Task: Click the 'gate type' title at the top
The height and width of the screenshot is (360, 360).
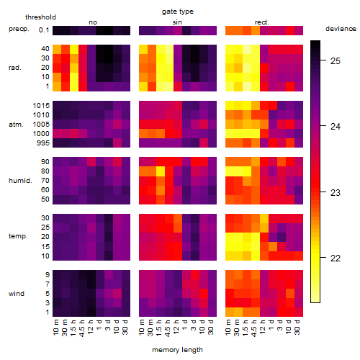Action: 178,12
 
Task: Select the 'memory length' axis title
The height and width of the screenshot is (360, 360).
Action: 177,350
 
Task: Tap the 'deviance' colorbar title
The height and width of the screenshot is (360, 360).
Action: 341,29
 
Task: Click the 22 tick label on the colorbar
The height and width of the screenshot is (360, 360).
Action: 336,258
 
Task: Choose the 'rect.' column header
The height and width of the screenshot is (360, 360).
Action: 261,22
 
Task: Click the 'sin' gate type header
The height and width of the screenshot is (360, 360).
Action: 177,22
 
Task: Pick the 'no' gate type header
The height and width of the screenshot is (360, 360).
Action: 93,22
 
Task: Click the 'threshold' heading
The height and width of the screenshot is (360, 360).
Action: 40,17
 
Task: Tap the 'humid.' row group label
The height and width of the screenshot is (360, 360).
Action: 20,181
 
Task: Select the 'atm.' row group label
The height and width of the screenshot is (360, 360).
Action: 16,125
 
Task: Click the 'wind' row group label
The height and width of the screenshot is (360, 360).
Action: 17,294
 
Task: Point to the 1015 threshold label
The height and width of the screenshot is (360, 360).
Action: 41,106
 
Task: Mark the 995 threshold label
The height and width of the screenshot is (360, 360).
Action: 43,143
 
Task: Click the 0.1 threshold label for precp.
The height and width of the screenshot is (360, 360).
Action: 44,30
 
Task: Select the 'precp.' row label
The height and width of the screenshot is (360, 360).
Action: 19,29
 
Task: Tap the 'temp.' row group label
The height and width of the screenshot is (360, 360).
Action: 18,236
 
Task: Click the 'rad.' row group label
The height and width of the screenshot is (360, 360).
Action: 15,68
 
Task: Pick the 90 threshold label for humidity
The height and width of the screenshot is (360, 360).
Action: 45,162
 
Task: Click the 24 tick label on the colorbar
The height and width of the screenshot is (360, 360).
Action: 336,127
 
